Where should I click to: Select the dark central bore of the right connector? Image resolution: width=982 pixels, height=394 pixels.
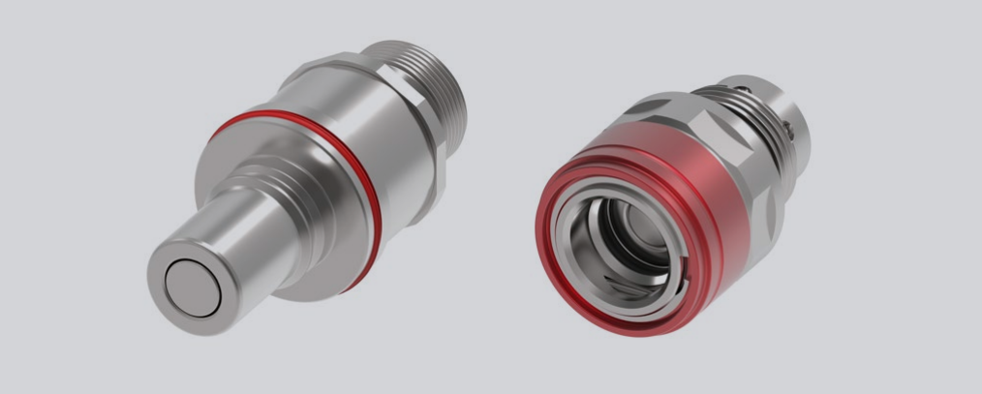[644, 242]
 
